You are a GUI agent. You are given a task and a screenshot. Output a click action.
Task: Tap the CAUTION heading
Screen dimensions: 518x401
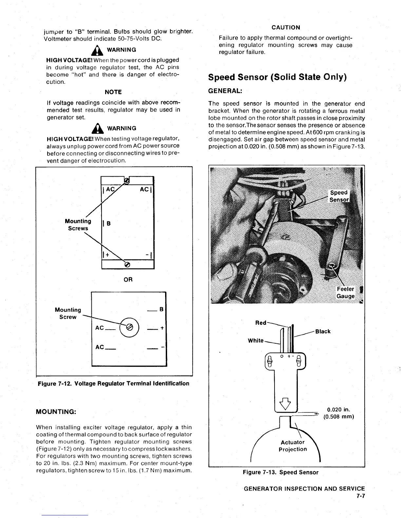tap(286, 27)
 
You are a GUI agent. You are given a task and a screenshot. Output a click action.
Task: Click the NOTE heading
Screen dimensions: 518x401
tap(113, 92)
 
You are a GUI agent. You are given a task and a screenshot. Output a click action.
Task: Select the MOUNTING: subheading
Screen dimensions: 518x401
tap(56, 411)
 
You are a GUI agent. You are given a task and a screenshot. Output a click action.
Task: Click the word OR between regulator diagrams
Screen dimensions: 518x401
tap(128, 280)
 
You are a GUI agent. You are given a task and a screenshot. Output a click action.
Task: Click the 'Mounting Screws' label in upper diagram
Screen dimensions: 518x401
tap(78, 225)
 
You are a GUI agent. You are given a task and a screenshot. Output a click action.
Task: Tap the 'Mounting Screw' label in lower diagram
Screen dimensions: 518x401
tap(68, 313)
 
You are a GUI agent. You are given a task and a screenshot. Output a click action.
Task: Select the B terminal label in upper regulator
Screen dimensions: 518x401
tap(109, 224)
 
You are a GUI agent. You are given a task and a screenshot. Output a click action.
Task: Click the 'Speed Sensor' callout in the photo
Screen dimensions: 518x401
tap(339, 196)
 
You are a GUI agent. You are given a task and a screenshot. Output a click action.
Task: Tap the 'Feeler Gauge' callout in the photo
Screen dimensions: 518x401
tap(345, 292)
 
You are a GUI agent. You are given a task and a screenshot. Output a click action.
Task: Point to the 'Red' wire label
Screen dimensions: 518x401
tap(260, 323)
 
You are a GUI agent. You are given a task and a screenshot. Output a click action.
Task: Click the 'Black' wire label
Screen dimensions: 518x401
tap(323, 331)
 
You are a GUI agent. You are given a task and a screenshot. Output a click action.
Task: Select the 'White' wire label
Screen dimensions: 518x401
tap(256, 340)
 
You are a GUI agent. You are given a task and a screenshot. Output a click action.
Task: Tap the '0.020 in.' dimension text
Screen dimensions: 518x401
tap(339, 410)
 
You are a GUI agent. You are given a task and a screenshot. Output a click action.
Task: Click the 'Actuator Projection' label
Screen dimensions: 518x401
tap(293, 446)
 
